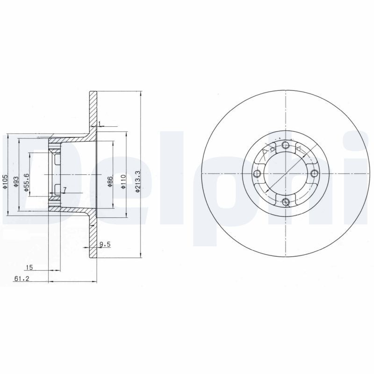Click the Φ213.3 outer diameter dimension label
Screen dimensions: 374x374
point(137,181)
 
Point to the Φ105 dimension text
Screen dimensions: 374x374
point(5,181)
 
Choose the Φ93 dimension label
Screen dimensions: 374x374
point(15,181)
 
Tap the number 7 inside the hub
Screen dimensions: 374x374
point(65,189)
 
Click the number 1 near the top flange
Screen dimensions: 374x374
point(100,124)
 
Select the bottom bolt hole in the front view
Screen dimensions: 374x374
point(286,202)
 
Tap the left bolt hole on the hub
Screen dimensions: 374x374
point(256,174)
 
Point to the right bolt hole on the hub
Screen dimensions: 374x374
point(314,173)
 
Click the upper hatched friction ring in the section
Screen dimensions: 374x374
point(93,109)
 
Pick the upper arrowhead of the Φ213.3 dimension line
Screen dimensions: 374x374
point(140,93)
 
